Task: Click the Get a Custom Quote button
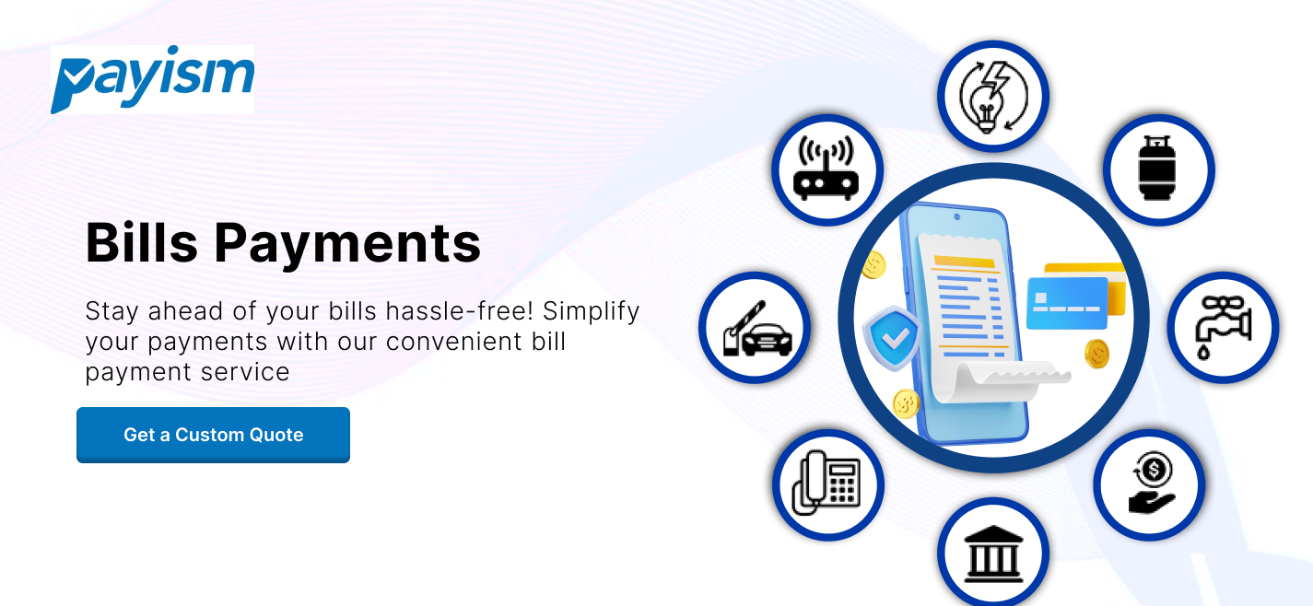[x=214, y=435]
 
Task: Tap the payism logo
[x=152, y=79]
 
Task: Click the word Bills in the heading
[x=142, y=242]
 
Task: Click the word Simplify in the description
[x=591, y=312]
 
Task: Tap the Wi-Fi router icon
[x=826, y=169]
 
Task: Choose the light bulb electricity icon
[x=993, y=96]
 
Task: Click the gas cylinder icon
[x=1157, y=169]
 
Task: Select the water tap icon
[x=1224, y=326]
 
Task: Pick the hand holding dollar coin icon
[x=1152, y=483]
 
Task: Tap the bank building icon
[x=993, y=554]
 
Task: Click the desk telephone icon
[x=826, y=483]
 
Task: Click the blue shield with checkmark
[x=892, y=338]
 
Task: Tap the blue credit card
[x=1067, y=303]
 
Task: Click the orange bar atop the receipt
[x=964, y=262]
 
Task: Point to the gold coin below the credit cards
[x=1096, y=354]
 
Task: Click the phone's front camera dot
[x=957, y=216]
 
